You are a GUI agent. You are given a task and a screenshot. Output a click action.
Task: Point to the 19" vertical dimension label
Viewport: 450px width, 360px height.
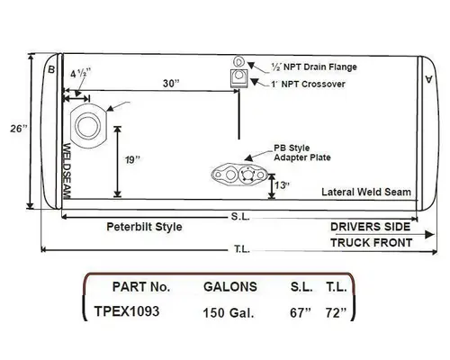click(x=132, y=159)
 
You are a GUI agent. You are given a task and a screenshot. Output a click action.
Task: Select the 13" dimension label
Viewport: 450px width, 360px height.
click(x=283, y=185)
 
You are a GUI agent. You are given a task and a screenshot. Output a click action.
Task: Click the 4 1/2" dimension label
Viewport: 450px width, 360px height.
click(x=79, y=76)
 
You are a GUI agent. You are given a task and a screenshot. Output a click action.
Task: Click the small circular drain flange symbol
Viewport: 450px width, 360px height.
click(x=238, y=61)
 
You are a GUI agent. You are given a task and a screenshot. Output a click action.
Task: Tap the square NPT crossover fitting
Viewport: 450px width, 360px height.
click(x=238, y=78)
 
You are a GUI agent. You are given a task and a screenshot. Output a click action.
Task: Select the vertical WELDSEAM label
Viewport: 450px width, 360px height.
click(x=68, y=170)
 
